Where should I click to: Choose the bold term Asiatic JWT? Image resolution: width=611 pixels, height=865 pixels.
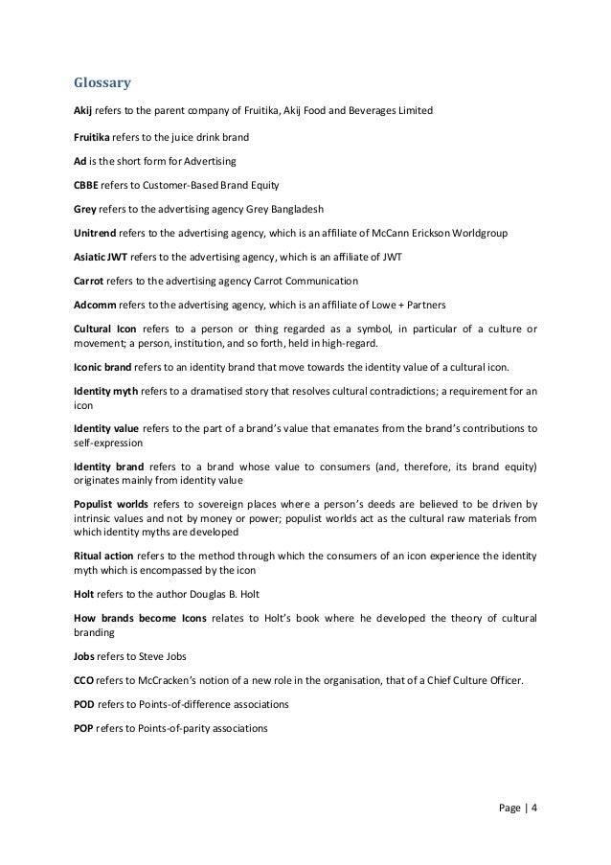pos(101,257)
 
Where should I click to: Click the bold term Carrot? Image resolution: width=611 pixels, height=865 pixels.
pos(89,282)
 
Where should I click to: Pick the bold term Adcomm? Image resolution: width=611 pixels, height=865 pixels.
pos(95,306)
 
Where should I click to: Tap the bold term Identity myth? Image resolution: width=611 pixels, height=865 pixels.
pos(104,392)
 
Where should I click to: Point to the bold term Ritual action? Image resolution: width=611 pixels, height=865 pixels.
pos(105,554)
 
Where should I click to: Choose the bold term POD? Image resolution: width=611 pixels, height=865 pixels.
pos(84,704)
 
